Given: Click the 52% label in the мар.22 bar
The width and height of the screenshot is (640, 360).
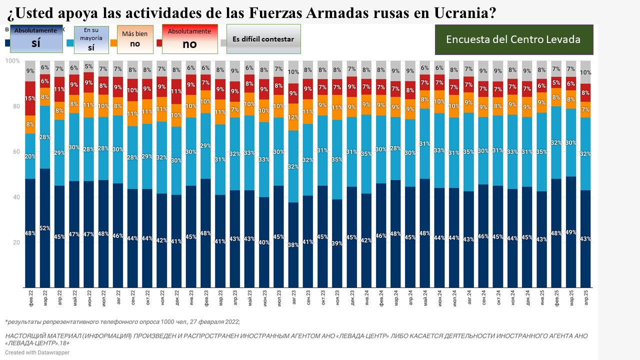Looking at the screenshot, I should (x=45, y=228).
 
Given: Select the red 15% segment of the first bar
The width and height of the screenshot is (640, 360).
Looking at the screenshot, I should (x=30, y=98).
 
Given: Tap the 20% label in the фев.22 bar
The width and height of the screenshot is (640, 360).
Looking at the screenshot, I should (x=30, y=156).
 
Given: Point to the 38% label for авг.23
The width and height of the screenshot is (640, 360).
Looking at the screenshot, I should (x=293, y=245).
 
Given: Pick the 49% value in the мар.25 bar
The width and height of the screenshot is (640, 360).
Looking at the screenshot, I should (x=570, y=232).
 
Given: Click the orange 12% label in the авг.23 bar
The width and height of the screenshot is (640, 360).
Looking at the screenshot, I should (x=293, y=117).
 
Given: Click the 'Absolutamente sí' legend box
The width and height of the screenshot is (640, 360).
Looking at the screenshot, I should (x=35, y=38).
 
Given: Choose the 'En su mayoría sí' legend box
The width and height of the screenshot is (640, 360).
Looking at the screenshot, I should (x=91, y=39).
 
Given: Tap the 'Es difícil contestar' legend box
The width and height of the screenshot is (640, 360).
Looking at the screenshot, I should (x=263, y=39).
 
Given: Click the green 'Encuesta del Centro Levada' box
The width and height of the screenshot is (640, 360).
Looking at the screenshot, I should (x=513, y=39).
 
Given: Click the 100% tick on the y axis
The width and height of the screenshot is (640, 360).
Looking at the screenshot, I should (x=12, y=61).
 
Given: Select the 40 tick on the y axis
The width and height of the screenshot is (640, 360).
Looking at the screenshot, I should (x=15, y=197).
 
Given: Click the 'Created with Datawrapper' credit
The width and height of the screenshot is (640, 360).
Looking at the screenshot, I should (x=37, y=352).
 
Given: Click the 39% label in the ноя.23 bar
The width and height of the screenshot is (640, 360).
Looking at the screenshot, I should (x=336, y=243).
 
